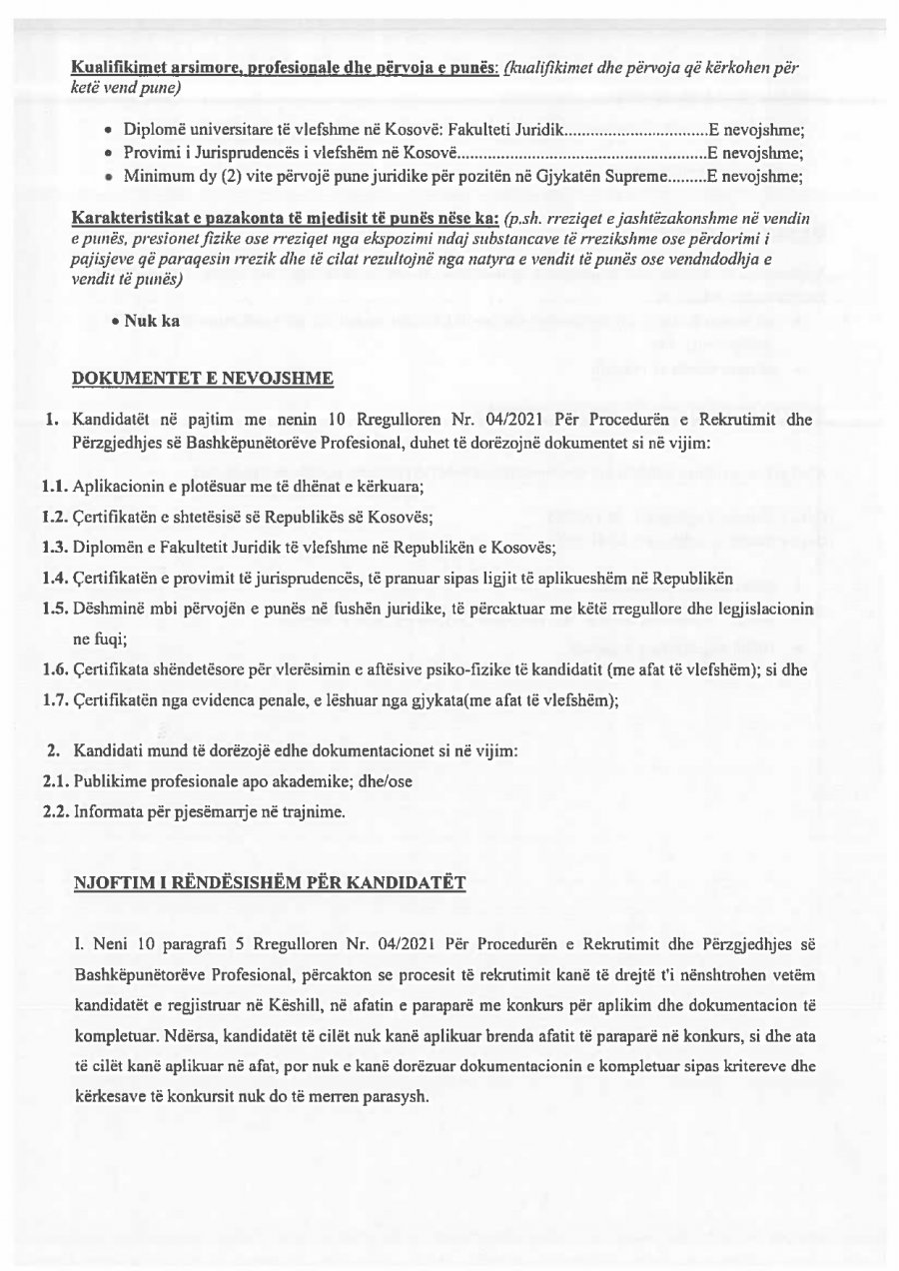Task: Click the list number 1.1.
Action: [x=56, y=487]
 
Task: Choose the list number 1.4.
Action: [x=56, y=578]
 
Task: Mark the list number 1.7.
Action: [x=56, y=700]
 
